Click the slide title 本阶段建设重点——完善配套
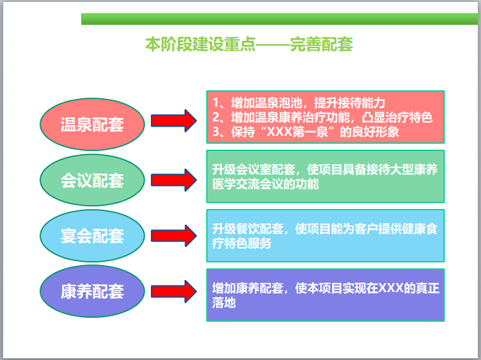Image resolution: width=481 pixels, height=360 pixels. [249, 45]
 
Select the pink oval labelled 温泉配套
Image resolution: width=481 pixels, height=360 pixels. [92, 123]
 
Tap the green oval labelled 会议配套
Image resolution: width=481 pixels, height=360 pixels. [92, 180]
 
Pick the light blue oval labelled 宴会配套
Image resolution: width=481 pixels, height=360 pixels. [92, 235]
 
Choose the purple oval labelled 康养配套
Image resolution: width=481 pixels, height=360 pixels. [92, 291]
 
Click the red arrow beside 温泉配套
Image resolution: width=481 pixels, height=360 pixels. [174, 121]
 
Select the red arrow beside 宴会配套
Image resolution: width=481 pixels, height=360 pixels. [174, 234]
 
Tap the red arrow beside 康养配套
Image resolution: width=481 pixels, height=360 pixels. [174, 290]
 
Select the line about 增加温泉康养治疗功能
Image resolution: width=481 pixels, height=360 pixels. [322, 117]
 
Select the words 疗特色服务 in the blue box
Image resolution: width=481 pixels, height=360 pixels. [242, 243]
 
